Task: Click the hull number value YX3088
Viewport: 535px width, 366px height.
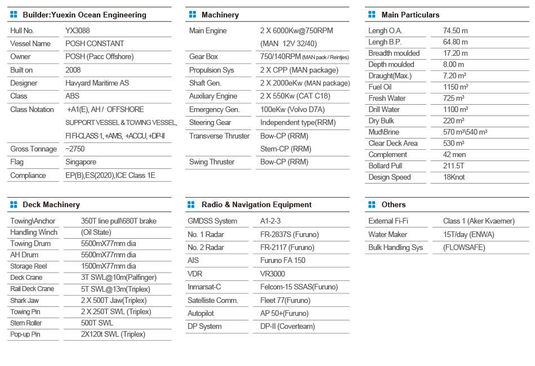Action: coord(78,30)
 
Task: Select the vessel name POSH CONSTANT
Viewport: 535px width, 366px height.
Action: coord(95,43)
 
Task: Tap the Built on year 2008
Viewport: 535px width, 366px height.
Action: coord(73,70)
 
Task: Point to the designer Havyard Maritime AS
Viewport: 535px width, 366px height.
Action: coord(97,83)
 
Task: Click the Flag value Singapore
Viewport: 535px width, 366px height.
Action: coord(81,162)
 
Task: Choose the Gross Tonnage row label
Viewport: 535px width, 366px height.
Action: coord(33,149)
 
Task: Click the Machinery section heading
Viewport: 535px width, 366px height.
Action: coord(220,15)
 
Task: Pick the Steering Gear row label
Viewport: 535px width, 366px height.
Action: coord(210,122)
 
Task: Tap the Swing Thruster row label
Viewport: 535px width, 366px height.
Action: coord(212,162)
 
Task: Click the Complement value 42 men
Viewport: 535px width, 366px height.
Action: coord(454,154)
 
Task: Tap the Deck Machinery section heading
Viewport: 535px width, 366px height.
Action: coord(51,204)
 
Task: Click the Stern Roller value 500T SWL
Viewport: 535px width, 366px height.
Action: coord(97,323)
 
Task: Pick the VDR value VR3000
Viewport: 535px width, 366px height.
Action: coord(273,274)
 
